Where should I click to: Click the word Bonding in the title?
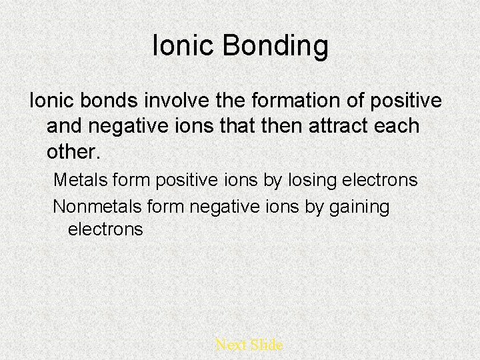(275, 47)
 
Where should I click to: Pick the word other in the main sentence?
(71, 151)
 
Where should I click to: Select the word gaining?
(358, 207)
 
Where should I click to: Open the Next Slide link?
(249, 345)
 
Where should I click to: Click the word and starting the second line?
(67, 126)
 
